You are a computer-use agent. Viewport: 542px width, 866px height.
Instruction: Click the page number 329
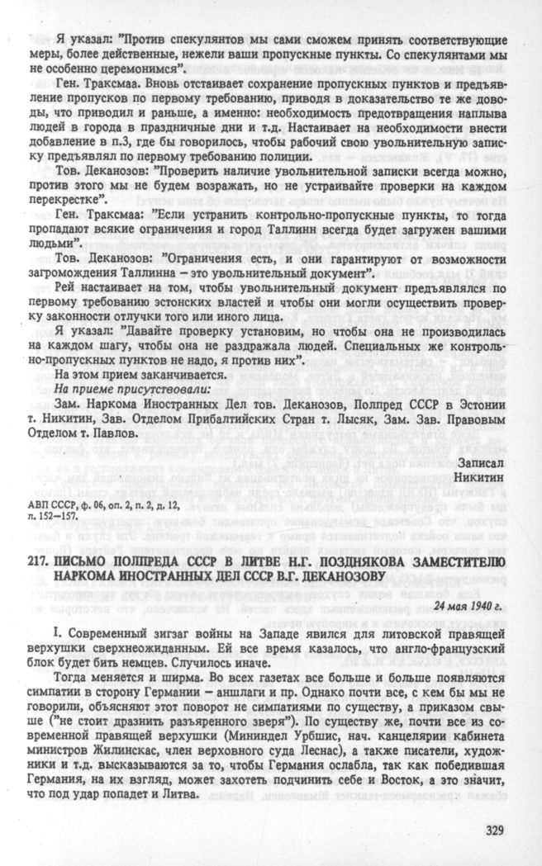coord(489,831)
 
